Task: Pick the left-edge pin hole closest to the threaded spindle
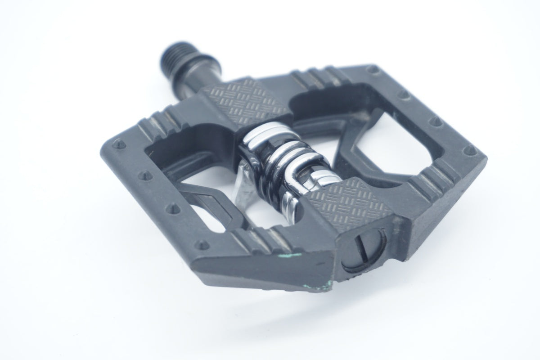pyautogui.click(x=120, y=145)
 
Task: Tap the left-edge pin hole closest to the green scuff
pyautogui.click(x=203, y=244)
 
